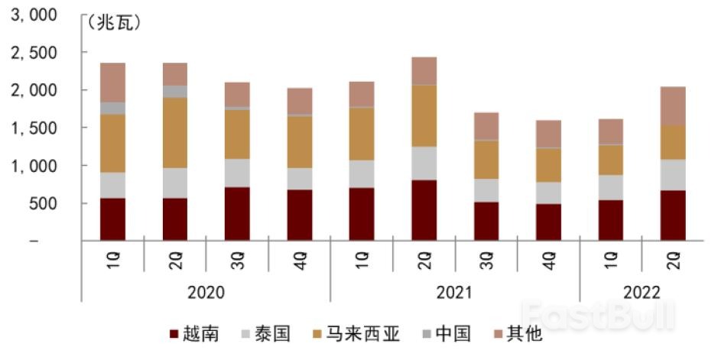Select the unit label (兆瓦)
tap(115, 24)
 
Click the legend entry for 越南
tap(197, 334)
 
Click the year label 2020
tap(206, 293)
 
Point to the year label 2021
tap(455, 293)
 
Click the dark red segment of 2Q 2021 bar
tap(424, 210)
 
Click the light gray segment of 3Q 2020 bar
tap(238, 173)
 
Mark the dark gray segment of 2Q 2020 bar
tap(175, 92)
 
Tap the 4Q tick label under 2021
tap(549, 260)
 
